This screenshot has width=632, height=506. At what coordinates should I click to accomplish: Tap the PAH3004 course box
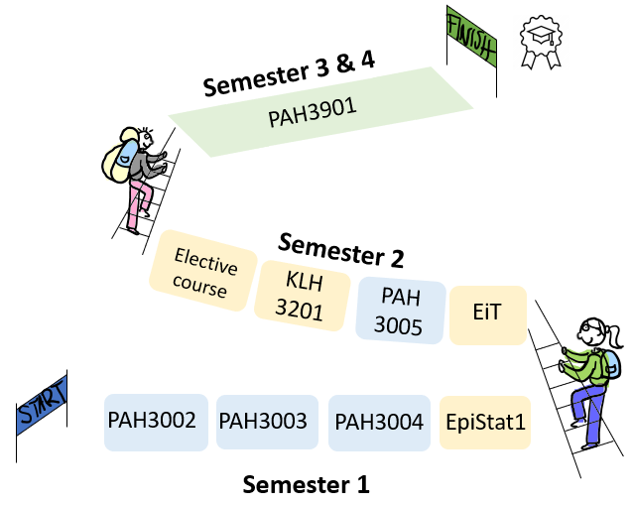click(379, 421)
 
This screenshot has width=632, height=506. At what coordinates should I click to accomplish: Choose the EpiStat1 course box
click(485, 421)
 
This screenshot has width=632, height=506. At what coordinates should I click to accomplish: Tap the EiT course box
click(488, 316)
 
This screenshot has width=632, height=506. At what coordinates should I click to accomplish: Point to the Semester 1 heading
click(306, 485)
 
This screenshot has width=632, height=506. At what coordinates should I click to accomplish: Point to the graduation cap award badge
click(542, 41)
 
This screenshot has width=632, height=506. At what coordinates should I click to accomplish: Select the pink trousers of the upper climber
click(135, 206)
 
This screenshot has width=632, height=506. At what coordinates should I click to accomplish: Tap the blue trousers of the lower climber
click(589, 407)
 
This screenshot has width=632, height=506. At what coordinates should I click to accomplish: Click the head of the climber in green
click(590, 333)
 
